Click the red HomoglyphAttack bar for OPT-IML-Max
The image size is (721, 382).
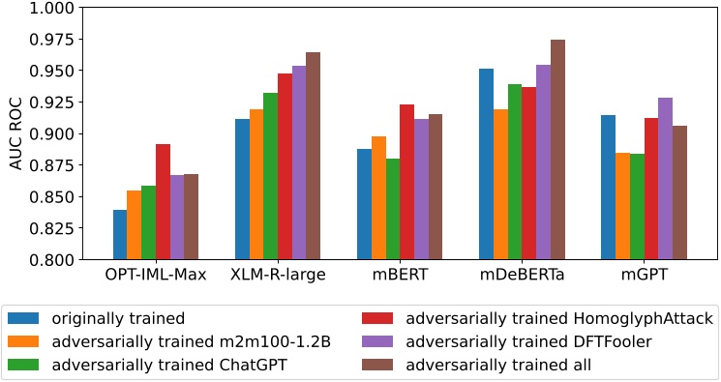pyautogui.click(x=163, y=202)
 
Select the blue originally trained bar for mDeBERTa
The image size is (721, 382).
pyautogui.click(x=485, y=164)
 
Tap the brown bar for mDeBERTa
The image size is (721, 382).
pyautogui.click(x=557, y=150)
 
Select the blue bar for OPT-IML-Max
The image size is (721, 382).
pyautogui.click(x=119, y=235)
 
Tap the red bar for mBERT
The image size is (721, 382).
pyautogui.click(x=406, y=183)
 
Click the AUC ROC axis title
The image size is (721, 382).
pyautogui.click(x=15, y=133)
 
